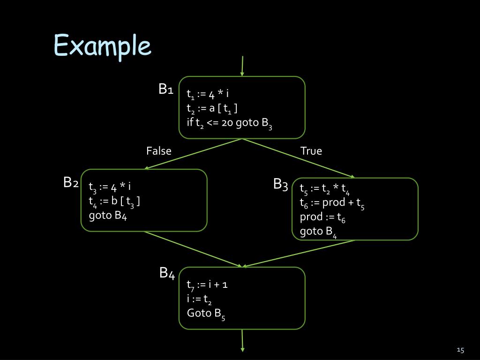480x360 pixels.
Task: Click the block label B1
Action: pos(166,89)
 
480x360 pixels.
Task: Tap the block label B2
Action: pos(71,182)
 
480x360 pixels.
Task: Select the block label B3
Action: pos(281,185)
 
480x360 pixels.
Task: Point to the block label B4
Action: pos(167,273)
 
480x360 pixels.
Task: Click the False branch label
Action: pos(159,151)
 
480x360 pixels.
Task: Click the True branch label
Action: pos(311,151)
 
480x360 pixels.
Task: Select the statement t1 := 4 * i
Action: pos(207,94)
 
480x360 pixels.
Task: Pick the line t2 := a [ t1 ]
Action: pos(212,109)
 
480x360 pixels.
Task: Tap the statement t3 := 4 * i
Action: pos(110,187)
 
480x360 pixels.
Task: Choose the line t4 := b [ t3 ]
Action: pos(114,202)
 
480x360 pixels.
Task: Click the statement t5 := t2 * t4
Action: pos(325,189)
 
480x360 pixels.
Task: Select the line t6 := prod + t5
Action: pos(332,203)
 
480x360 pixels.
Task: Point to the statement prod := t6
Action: pos(323,217)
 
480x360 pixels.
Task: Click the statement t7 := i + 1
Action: pos(207,285)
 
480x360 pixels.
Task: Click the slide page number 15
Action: pos(460,350)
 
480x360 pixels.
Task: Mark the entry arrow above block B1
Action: pos(242,66)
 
